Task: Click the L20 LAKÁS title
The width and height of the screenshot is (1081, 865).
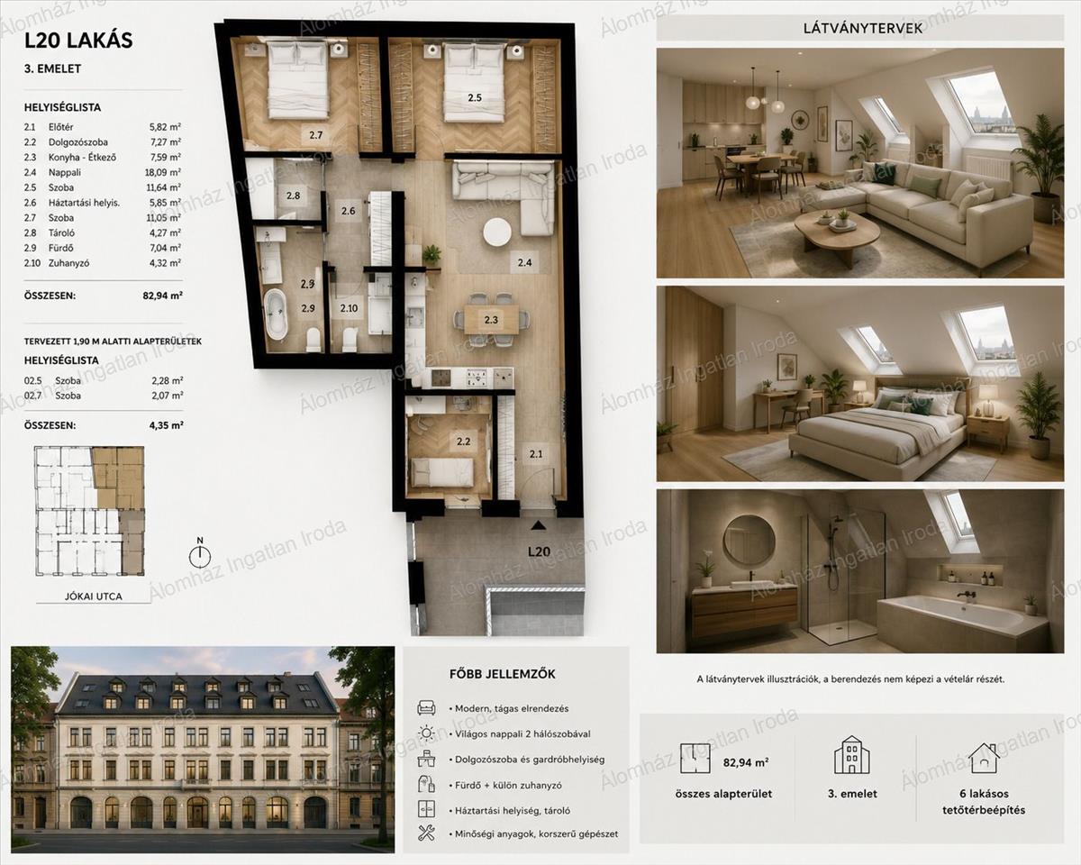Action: point(78,41)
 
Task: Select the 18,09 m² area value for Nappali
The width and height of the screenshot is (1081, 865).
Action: point(163,172)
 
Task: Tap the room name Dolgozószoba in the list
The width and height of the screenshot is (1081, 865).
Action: point(77,142)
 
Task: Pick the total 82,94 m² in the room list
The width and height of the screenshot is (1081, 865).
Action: point(162,296)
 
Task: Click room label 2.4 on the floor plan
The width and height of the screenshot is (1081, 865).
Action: point(524,262)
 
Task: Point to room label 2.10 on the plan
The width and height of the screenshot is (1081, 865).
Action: point(349,308)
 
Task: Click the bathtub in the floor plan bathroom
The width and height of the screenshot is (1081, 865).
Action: point(276,314)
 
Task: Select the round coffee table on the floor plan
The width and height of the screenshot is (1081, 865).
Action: point(497,232)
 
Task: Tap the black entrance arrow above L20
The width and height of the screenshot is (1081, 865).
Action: point(538,525)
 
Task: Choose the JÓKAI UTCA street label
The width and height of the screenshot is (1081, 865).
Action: point(94,596)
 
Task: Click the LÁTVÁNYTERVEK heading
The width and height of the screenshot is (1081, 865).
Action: point(862,28)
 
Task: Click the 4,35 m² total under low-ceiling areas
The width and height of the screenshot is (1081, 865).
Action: point(166,425)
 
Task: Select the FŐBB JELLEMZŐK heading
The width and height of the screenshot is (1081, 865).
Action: point(503,674)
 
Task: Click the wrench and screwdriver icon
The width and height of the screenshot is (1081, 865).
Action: point(426,833)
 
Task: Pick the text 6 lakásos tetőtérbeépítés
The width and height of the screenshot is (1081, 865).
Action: point(984,802)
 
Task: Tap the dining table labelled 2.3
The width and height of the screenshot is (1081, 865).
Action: point(491,319)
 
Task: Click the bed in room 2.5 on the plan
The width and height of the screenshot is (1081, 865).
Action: point(475,82)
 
